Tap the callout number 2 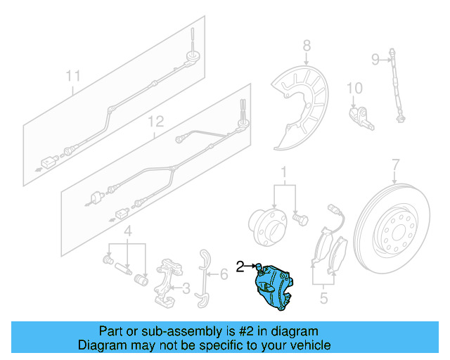240,266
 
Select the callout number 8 306,47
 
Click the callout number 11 74,75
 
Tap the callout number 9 375,58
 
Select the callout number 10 354,89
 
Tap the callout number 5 323,298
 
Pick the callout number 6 223,274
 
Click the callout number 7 395,165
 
